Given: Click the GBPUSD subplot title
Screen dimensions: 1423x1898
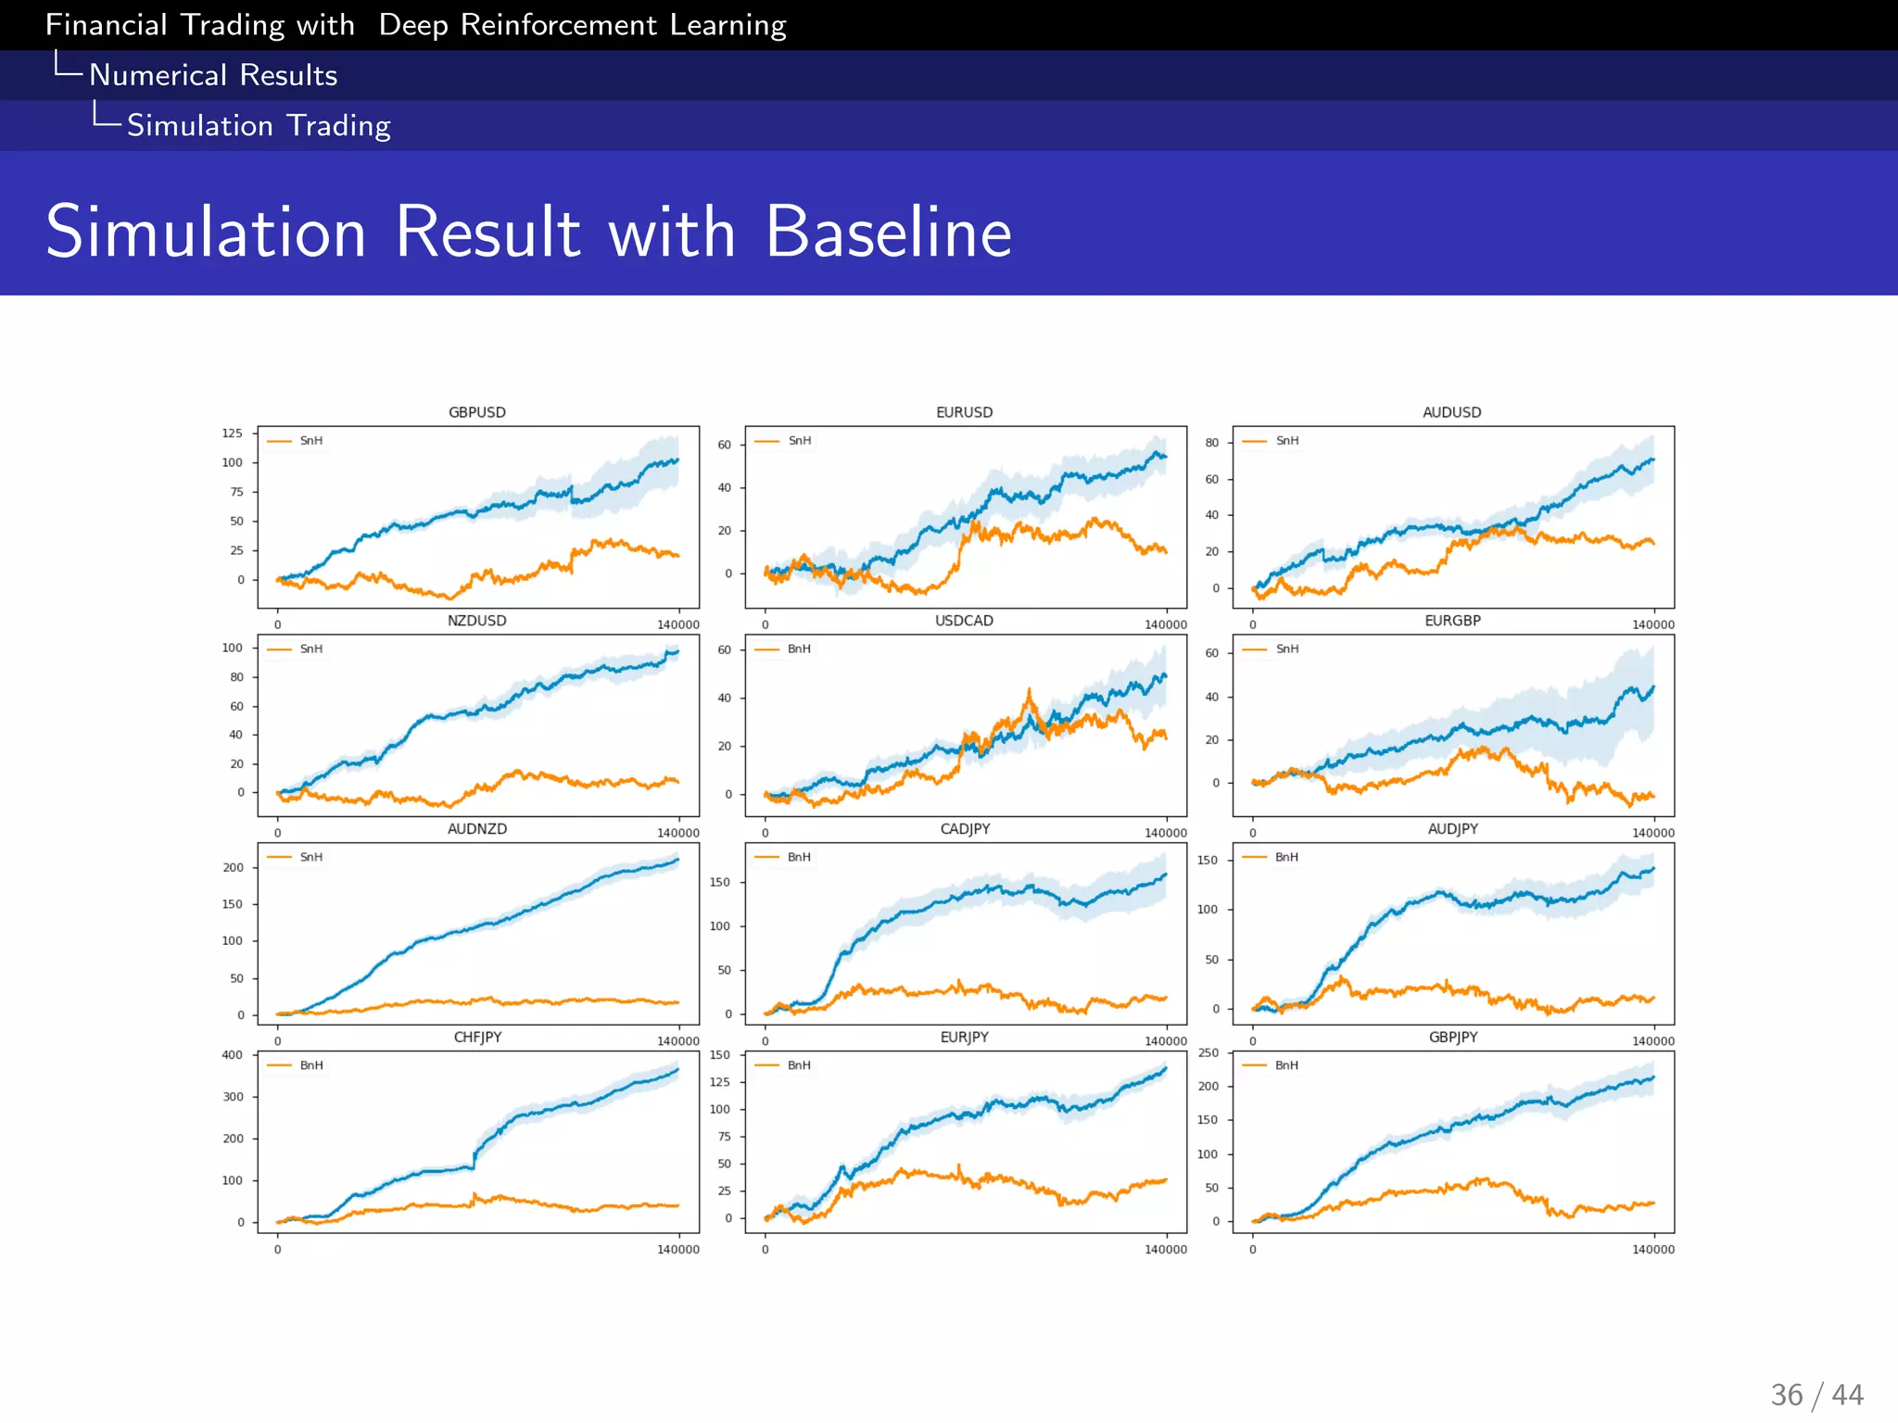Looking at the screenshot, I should (x=476, y=412).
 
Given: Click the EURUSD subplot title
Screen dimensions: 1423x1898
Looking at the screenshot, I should (x=964, y=412).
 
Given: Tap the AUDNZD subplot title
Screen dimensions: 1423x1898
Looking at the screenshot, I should (x=476, y=829).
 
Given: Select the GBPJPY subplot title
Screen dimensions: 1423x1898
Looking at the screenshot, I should (x=1452, y=1038).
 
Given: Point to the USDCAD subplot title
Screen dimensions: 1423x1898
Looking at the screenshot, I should (x=964, y=621).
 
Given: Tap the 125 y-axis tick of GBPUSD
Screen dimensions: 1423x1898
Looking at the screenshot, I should (x=232, y=434).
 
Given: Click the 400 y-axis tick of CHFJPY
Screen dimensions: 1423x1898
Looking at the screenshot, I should (x=232, y=1055).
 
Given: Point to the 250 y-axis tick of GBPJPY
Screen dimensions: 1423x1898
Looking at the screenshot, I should (x=1208, y=1053).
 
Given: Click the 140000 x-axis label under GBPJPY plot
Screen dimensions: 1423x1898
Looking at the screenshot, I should (x=1652, y=1250).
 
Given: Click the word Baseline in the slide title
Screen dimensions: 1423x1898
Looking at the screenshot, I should (x=888, y=232).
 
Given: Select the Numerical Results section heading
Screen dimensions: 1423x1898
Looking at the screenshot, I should (x=213, y=75).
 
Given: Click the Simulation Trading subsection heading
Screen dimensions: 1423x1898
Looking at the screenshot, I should (x=259, y=125).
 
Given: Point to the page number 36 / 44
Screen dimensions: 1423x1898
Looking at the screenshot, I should (x=1816, y=1395).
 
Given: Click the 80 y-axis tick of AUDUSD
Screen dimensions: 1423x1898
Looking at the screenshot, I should (x=1211, y=443).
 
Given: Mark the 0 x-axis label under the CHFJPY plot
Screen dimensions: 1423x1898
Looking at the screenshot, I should (x=277, y=1250).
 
